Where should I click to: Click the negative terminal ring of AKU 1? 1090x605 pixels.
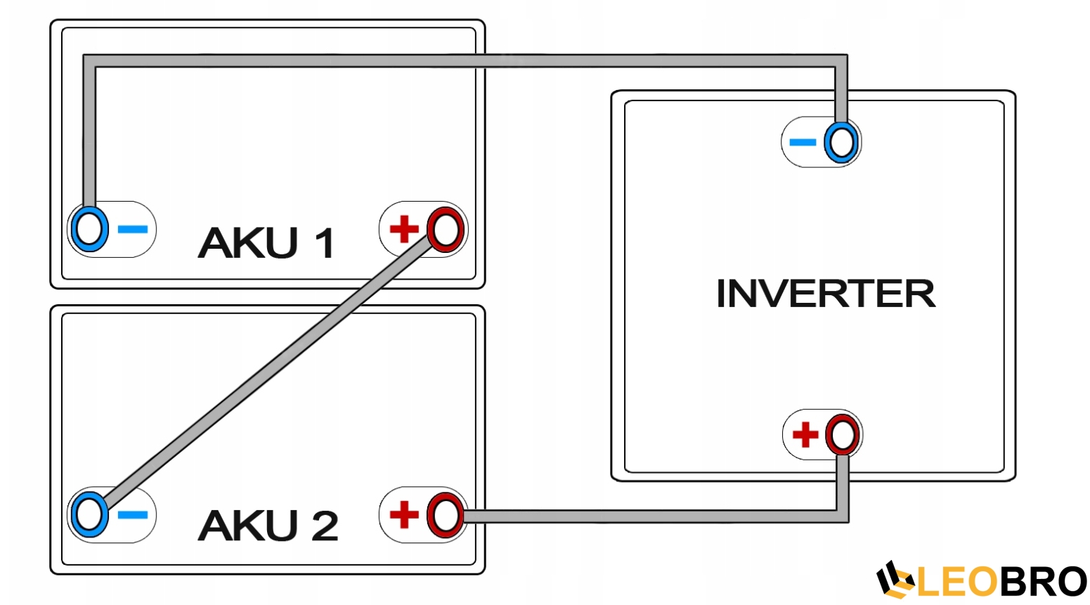point(89,229)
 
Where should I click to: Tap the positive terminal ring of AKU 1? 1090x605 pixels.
point(446,229)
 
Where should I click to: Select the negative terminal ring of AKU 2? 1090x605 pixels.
point(89,514)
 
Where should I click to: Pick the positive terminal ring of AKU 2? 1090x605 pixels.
point(446,515)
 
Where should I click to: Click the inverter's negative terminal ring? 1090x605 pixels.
point(841,143)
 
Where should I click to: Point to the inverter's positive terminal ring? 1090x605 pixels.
point(842,435)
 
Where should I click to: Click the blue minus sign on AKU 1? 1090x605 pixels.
point(133,229)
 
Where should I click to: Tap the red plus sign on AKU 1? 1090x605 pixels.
point(404,229)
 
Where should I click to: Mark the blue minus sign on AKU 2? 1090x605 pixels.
point(133,515)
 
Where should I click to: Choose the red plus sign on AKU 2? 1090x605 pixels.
point(404,514)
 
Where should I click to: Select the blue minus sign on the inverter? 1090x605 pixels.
point(803,143)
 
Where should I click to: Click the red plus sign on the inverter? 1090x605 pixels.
point(805,434)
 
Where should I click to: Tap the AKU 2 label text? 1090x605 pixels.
point(268,526)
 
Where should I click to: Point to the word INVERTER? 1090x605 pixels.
point(826,294)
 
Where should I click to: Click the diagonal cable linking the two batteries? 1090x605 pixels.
point(267,372)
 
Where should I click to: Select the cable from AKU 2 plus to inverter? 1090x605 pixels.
point(654,516)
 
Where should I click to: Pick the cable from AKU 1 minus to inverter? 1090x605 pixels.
point(464,61)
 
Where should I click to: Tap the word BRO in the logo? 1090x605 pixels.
point(1043,582)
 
